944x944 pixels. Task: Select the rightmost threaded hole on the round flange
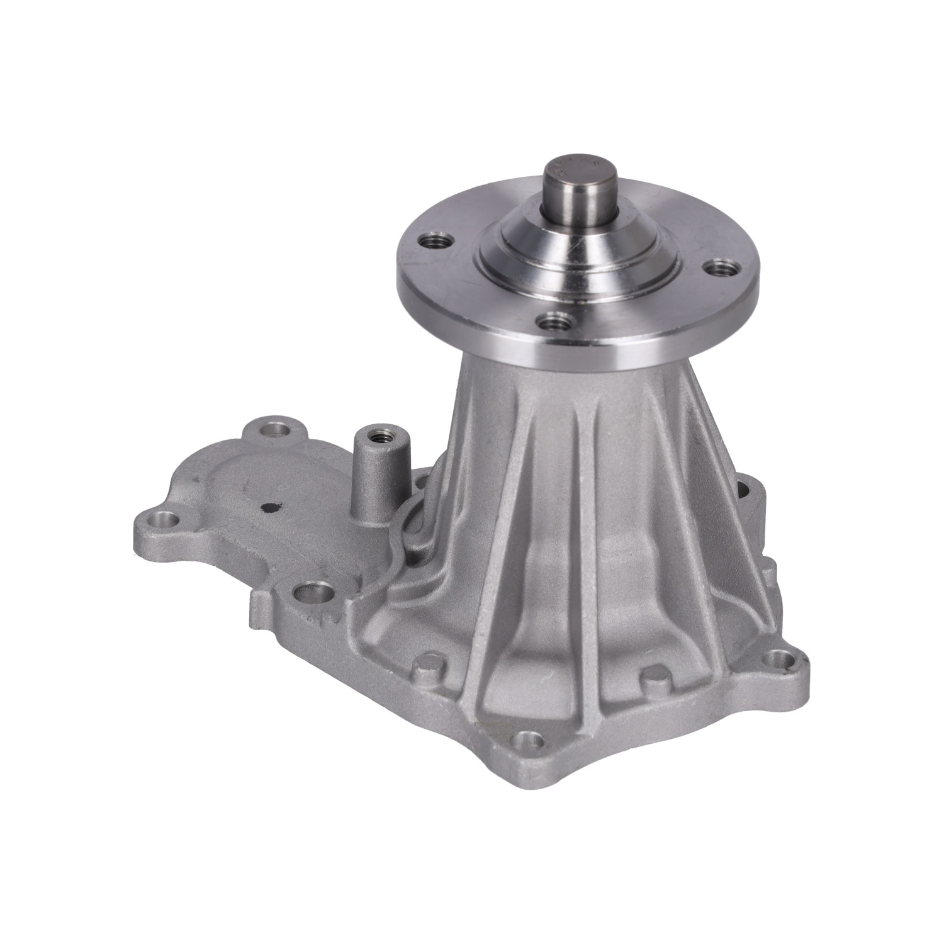719,269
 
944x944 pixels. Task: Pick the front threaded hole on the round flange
554,323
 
